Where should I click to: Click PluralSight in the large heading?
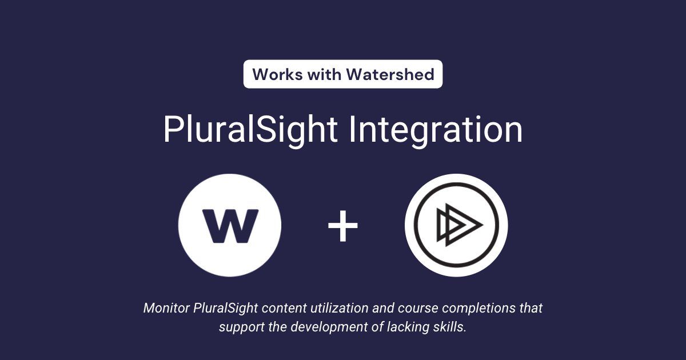(250, 129)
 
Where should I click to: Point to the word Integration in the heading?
(436, 129)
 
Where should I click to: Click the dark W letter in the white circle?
(230, 225)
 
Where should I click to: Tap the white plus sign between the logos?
(343, 225)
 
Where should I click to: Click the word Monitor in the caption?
(166, 308)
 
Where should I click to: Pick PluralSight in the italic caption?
(222, 308)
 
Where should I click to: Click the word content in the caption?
(277, 308)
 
